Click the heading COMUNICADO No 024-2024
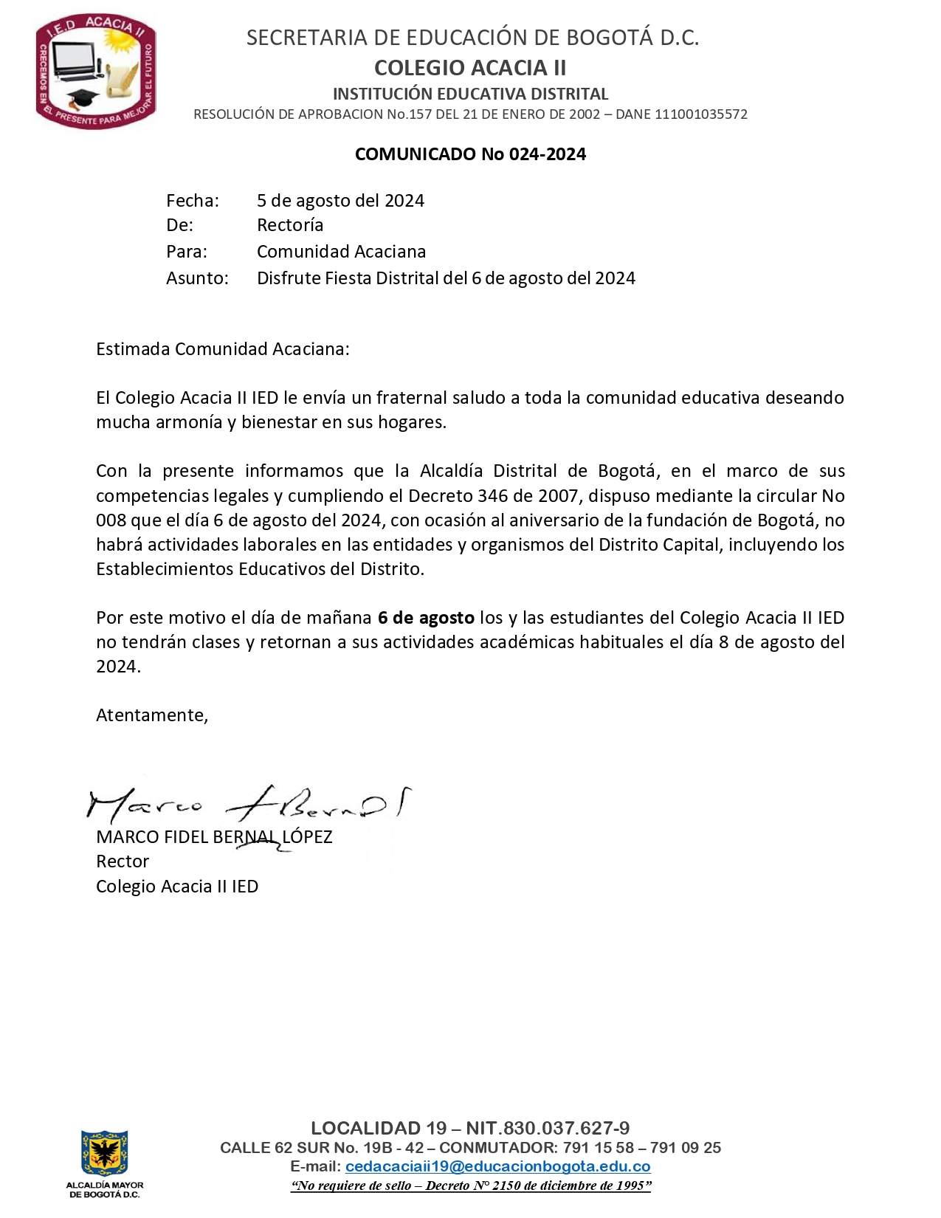[470, 154]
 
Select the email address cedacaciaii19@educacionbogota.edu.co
[497, 1167]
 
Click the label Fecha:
[192, 201]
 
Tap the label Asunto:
[197, 278]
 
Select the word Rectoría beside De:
[290, 225]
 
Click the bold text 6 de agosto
[425, 618]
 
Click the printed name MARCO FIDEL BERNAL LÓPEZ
[214, 837]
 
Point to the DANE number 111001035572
[700, 114]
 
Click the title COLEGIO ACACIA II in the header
[470, 68]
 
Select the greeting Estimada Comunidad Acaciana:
[222, 349]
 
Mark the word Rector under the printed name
[123, 861]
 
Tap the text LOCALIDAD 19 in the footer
[379, 1128]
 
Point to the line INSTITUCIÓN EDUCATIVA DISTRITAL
[470, 94]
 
